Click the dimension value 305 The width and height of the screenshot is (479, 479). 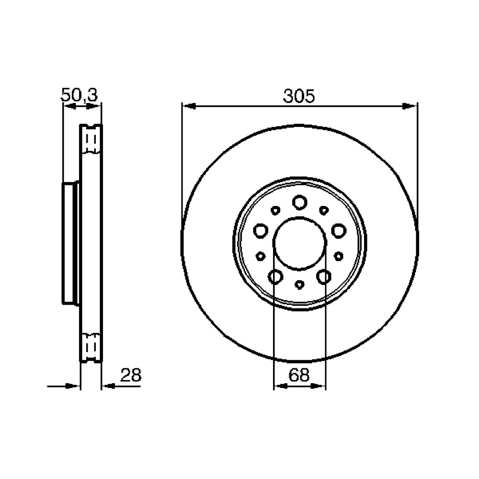pyautogui.click(x=298, y=96)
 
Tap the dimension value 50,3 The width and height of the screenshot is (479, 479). pyautogui.click(x=80, y=95)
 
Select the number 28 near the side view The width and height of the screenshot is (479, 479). pyautogui.click(x=131, y=375)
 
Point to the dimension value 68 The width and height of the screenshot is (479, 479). pyautogui.click(x=299, y=375)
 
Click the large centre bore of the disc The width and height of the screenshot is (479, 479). pyautogui.click(x=300, y=244)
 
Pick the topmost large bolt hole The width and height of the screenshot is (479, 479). pyautogui.click(x=300, y=202)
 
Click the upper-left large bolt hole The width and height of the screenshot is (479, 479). pyautogui.click(x=261, y=231)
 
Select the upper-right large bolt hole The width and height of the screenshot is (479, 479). pyautogui.click(x=338, y=231)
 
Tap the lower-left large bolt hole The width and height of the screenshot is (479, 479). pyautogui.click(x=275, y=277)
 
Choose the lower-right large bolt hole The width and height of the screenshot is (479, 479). pyautogui.click(x=324, y=277)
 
